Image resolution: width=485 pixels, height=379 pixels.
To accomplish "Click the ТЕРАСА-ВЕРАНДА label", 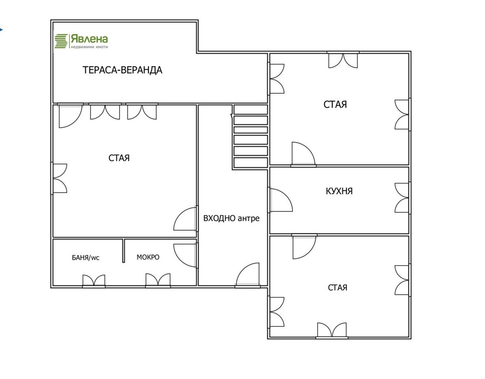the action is pyautogui.click(x=122, y=70).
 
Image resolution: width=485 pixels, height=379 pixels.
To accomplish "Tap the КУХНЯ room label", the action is pyautogui.click(x=339, y=191).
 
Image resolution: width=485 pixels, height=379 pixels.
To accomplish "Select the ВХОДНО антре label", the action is pyautogui.click(x=231, y=218).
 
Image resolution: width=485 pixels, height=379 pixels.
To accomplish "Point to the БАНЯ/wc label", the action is pyautogui.click(x=86, y=257).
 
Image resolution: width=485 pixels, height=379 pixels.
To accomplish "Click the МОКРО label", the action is pyautogui.click(x=148, y=257).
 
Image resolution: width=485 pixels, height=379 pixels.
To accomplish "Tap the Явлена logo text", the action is pyautogui.click(x=89, y=39).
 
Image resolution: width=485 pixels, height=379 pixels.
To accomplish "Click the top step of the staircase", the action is pyautogui.click(x=251, y=110).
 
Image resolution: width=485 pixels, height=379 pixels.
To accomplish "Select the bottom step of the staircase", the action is pyautogui.click(x=251, y=163).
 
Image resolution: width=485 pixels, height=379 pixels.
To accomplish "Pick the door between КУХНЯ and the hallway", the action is pyautogui.click(x=280, y=200).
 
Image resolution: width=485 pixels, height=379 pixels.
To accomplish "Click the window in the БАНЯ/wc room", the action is pyautogui.click(x=94, y=281).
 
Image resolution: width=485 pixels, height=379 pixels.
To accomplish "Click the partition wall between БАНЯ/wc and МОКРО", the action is pyautogui.click(x=124, y=251).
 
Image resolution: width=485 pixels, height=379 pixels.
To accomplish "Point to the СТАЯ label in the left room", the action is pyautogui.click(x=119, y=158).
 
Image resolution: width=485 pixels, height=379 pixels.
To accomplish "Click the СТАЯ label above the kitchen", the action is pyautogui.click(x=335, y=105).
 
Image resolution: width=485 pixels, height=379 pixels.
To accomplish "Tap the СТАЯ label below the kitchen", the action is pyautogui.click(x=337, y=287).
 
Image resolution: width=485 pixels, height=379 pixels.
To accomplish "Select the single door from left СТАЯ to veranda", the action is pyautogui.click(x=70, y=115).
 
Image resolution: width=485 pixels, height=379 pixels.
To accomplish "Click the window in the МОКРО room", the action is pyautogui.click(x=158, y=280).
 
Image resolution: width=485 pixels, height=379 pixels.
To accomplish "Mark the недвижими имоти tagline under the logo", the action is pyautogui.click(x=89, y=47).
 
